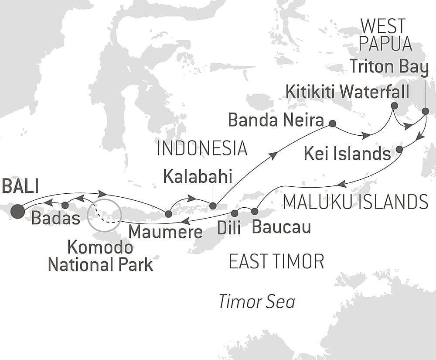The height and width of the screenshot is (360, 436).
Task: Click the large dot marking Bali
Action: point(18,211)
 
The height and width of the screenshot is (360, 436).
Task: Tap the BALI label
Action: point(20,186)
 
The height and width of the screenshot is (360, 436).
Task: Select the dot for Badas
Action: point(65,205)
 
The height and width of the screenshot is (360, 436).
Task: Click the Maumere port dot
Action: point(168,213)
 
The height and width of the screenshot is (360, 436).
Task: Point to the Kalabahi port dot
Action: point(213,206)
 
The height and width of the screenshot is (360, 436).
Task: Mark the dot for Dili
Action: point(235,213)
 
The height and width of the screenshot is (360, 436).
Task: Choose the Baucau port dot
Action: point(255,212)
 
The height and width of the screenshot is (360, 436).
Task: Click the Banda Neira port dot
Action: point(332,123)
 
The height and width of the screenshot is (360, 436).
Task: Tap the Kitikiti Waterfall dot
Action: point(394,106)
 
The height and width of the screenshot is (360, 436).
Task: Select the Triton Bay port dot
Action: point(426,111)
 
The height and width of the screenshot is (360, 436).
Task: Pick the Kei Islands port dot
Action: point(399,150)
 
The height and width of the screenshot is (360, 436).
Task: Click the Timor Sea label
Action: point(257,302)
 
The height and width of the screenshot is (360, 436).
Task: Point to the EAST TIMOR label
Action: point(276,262)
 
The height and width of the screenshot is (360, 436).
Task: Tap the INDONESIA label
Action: point(202,149)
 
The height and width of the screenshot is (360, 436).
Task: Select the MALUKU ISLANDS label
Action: point(355,202)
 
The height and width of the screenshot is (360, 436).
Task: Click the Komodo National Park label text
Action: point(100,256)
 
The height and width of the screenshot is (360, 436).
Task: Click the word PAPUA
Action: point(387,44)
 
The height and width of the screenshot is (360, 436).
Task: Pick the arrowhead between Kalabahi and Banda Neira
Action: point(274,154)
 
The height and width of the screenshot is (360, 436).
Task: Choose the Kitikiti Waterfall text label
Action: point(347,92)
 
